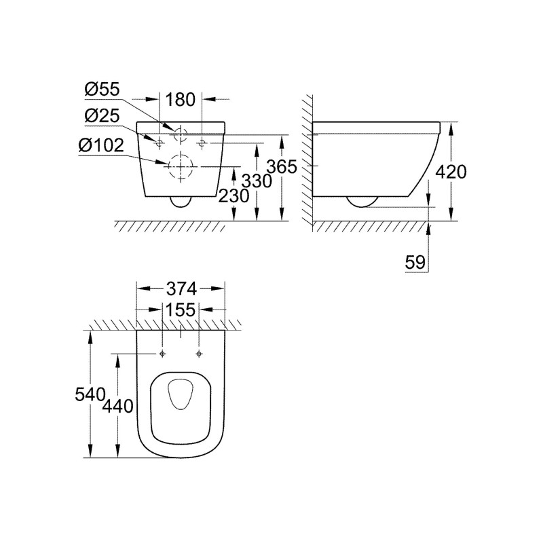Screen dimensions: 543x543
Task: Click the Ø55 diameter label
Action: pos(102,90)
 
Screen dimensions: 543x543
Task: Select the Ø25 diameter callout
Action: pos(102,115)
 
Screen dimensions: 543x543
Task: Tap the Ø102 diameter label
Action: pos(101,145)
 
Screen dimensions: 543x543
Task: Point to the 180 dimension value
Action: pos(181,100)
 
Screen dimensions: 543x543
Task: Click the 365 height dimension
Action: pos(282,166)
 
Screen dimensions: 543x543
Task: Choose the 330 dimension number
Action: pos(257,181)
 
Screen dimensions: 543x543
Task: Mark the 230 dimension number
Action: pos(233,196)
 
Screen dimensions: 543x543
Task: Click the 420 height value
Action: pos(451,172)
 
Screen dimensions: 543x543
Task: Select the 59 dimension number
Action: pos(415,262)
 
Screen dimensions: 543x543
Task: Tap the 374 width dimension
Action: pos(181,289)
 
